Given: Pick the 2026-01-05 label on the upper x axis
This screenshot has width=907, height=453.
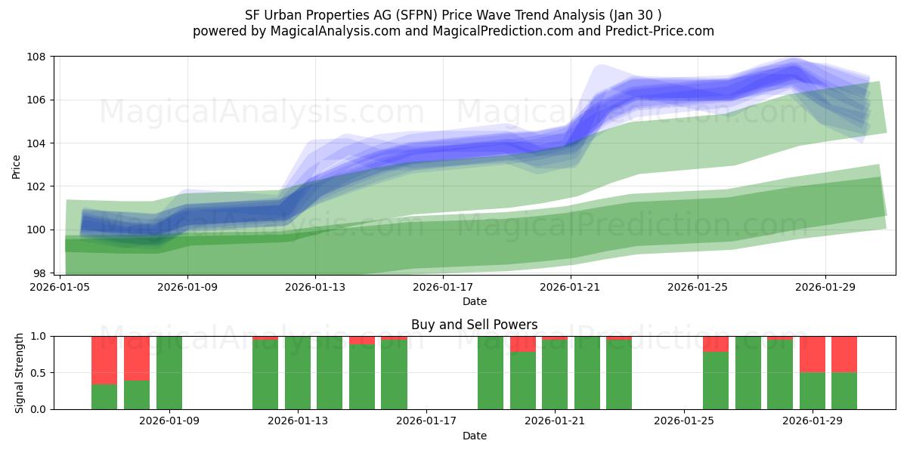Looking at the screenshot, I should coord(60,287).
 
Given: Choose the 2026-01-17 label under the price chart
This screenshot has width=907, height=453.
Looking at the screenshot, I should coord(443,287).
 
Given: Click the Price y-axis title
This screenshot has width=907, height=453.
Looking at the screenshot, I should coord(17,165).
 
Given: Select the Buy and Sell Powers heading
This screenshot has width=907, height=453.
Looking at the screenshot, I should coord(474,325).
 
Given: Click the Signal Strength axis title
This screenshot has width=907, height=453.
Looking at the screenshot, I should coord(20,372).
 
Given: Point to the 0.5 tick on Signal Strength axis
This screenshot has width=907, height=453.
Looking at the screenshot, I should coord(37,373).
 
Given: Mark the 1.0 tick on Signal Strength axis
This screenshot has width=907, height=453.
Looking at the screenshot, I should coord(37,336).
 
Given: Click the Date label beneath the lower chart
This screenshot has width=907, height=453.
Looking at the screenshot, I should coord(474,436).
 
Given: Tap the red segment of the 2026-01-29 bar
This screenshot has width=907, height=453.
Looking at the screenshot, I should coord(813,354).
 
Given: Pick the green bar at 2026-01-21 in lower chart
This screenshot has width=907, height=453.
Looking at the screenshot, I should coord(555,374).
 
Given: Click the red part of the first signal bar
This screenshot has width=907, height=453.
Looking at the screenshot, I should coord(104,360).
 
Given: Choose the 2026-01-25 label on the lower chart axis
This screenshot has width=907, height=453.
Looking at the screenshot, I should coord(684,421).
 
